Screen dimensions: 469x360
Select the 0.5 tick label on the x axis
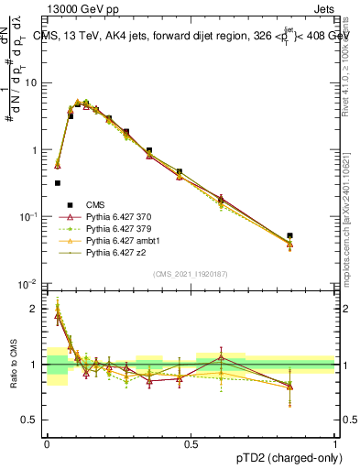[191, 442]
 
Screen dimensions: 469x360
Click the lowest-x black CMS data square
[57, 183]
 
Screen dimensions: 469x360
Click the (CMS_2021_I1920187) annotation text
[190, 274]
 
